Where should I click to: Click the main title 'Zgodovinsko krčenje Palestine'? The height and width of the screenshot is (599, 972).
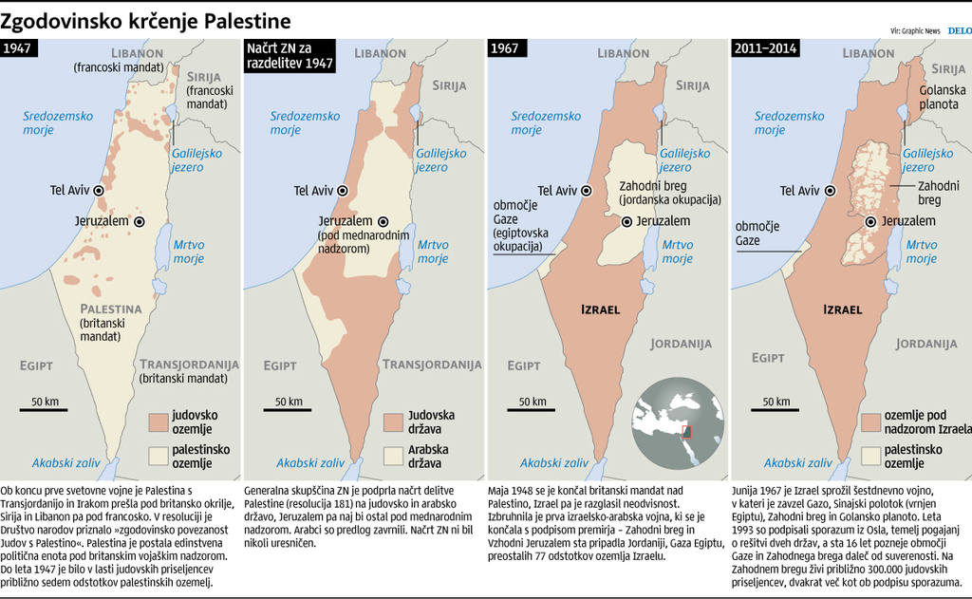(x=146, y=20)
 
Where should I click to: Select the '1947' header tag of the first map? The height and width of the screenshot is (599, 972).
(x=21, y=48)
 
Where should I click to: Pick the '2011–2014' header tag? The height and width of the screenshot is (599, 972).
(x=765, y=48)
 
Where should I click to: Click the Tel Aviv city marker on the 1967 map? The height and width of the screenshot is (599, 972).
(x=587, y=191)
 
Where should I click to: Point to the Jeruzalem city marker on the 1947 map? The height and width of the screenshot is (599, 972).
(x=140, y=221)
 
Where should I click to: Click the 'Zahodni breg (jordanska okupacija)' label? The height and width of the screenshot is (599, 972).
(x=669, y=193)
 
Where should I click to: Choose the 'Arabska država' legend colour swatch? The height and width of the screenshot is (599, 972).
(x=394, y=456)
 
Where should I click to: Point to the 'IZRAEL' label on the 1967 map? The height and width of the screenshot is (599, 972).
(x=600, y=309)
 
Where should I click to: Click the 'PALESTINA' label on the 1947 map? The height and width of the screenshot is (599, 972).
(x=110, y=309)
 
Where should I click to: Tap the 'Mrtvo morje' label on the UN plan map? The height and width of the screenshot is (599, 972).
(x=433, y=251)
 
